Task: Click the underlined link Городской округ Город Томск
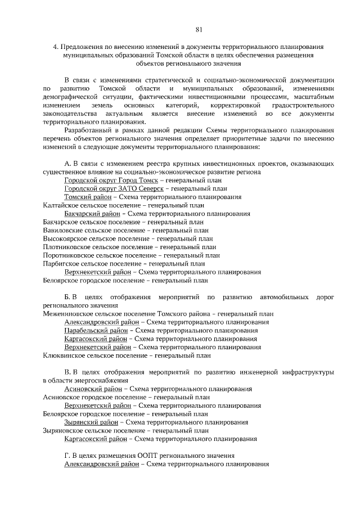pos(110,181)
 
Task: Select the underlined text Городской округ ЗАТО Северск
pos(111,189)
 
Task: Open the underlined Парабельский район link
pos(96,330)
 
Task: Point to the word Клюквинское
pos(64,355)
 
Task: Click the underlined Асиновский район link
pos(92,389)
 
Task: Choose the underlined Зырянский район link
pos(91,422)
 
